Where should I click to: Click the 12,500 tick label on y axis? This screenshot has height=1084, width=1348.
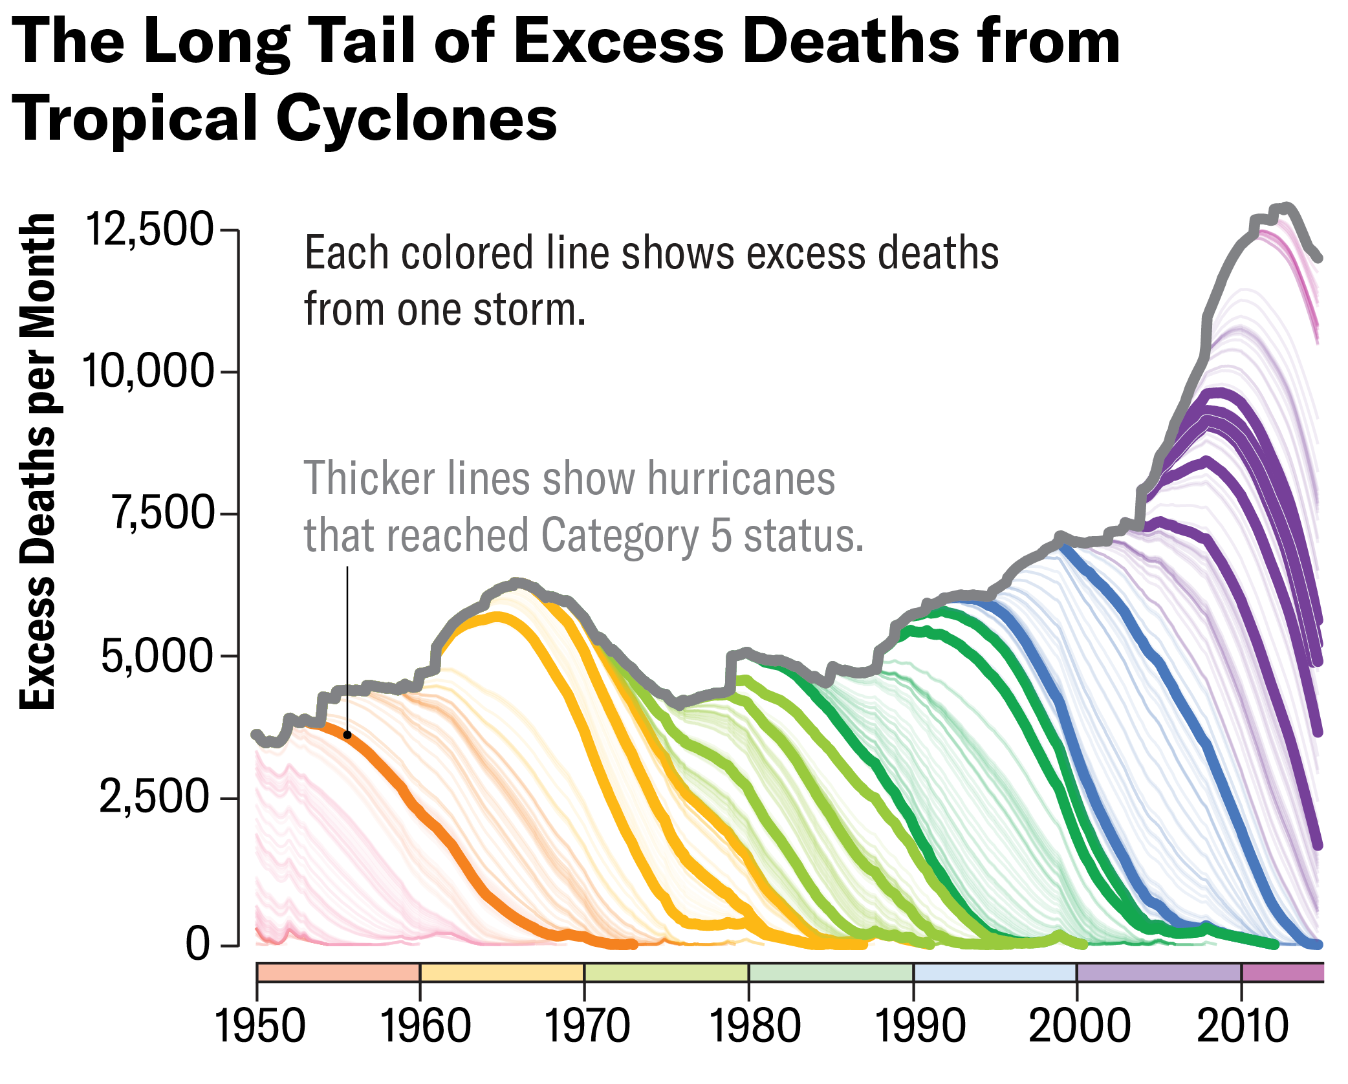click(149, 230)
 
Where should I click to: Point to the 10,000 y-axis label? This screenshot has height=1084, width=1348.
click(148, 372)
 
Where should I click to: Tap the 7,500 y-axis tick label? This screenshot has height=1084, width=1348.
click(162, 514)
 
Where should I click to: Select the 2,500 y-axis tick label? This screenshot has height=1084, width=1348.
click(155, 797)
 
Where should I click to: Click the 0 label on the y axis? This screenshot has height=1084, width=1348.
click(198, 944)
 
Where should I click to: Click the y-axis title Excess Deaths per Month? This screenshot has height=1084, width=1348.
click(38, 461)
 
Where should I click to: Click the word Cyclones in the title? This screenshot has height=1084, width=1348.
click(417, 119)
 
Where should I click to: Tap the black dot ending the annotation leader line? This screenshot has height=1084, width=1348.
click(347, 735)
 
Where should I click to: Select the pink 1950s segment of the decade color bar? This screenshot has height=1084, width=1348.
click(338, 972)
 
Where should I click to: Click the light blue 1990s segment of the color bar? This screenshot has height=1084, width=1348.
click(994, 972)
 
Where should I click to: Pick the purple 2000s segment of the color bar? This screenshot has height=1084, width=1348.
click(1158, 972)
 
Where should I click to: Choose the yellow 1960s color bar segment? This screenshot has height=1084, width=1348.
click(502, 972)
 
